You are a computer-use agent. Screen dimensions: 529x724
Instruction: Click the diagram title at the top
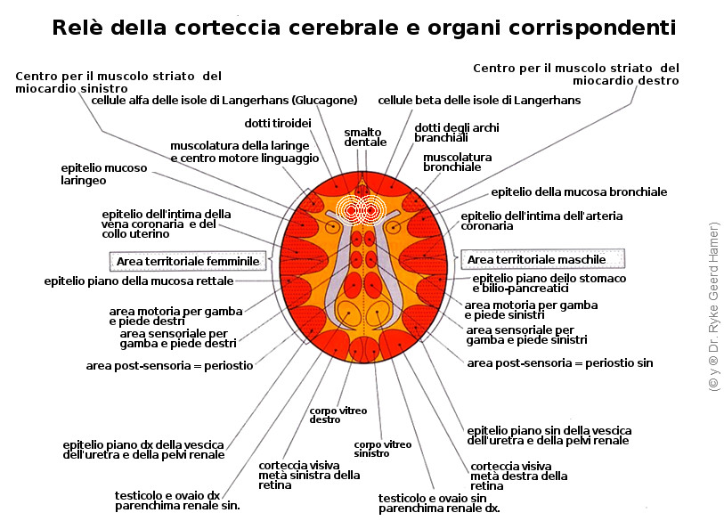[x=363, y=28]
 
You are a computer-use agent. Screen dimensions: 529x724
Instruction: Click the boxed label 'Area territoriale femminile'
[x=189, y=261]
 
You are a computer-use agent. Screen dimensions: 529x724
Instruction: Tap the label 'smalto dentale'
[x=365, y=137]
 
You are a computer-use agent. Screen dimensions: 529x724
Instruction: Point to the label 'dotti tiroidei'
[x=277, y=123]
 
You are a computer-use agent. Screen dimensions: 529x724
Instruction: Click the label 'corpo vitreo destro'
[x=325, y=415]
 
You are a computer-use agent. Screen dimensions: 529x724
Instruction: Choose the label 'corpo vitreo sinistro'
[x=370, y=449]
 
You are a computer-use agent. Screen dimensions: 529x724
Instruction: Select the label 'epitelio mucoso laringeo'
[x=95, y=174]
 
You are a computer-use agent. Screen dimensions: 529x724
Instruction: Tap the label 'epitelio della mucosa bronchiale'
[x=579, y=191]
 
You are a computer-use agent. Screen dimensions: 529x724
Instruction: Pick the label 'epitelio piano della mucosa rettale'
[x=139, y=281]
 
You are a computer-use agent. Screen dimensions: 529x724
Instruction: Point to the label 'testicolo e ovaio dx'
[x=167, y=495]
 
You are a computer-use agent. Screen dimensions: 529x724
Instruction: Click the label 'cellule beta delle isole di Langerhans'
[x=479, y=101]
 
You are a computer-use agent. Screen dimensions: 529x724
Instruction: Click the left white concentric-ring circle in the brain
[x=351, y=211]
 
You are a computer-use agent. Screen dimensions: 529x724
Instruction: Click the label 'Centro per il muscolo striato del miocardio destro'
[x=575, y=74]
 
